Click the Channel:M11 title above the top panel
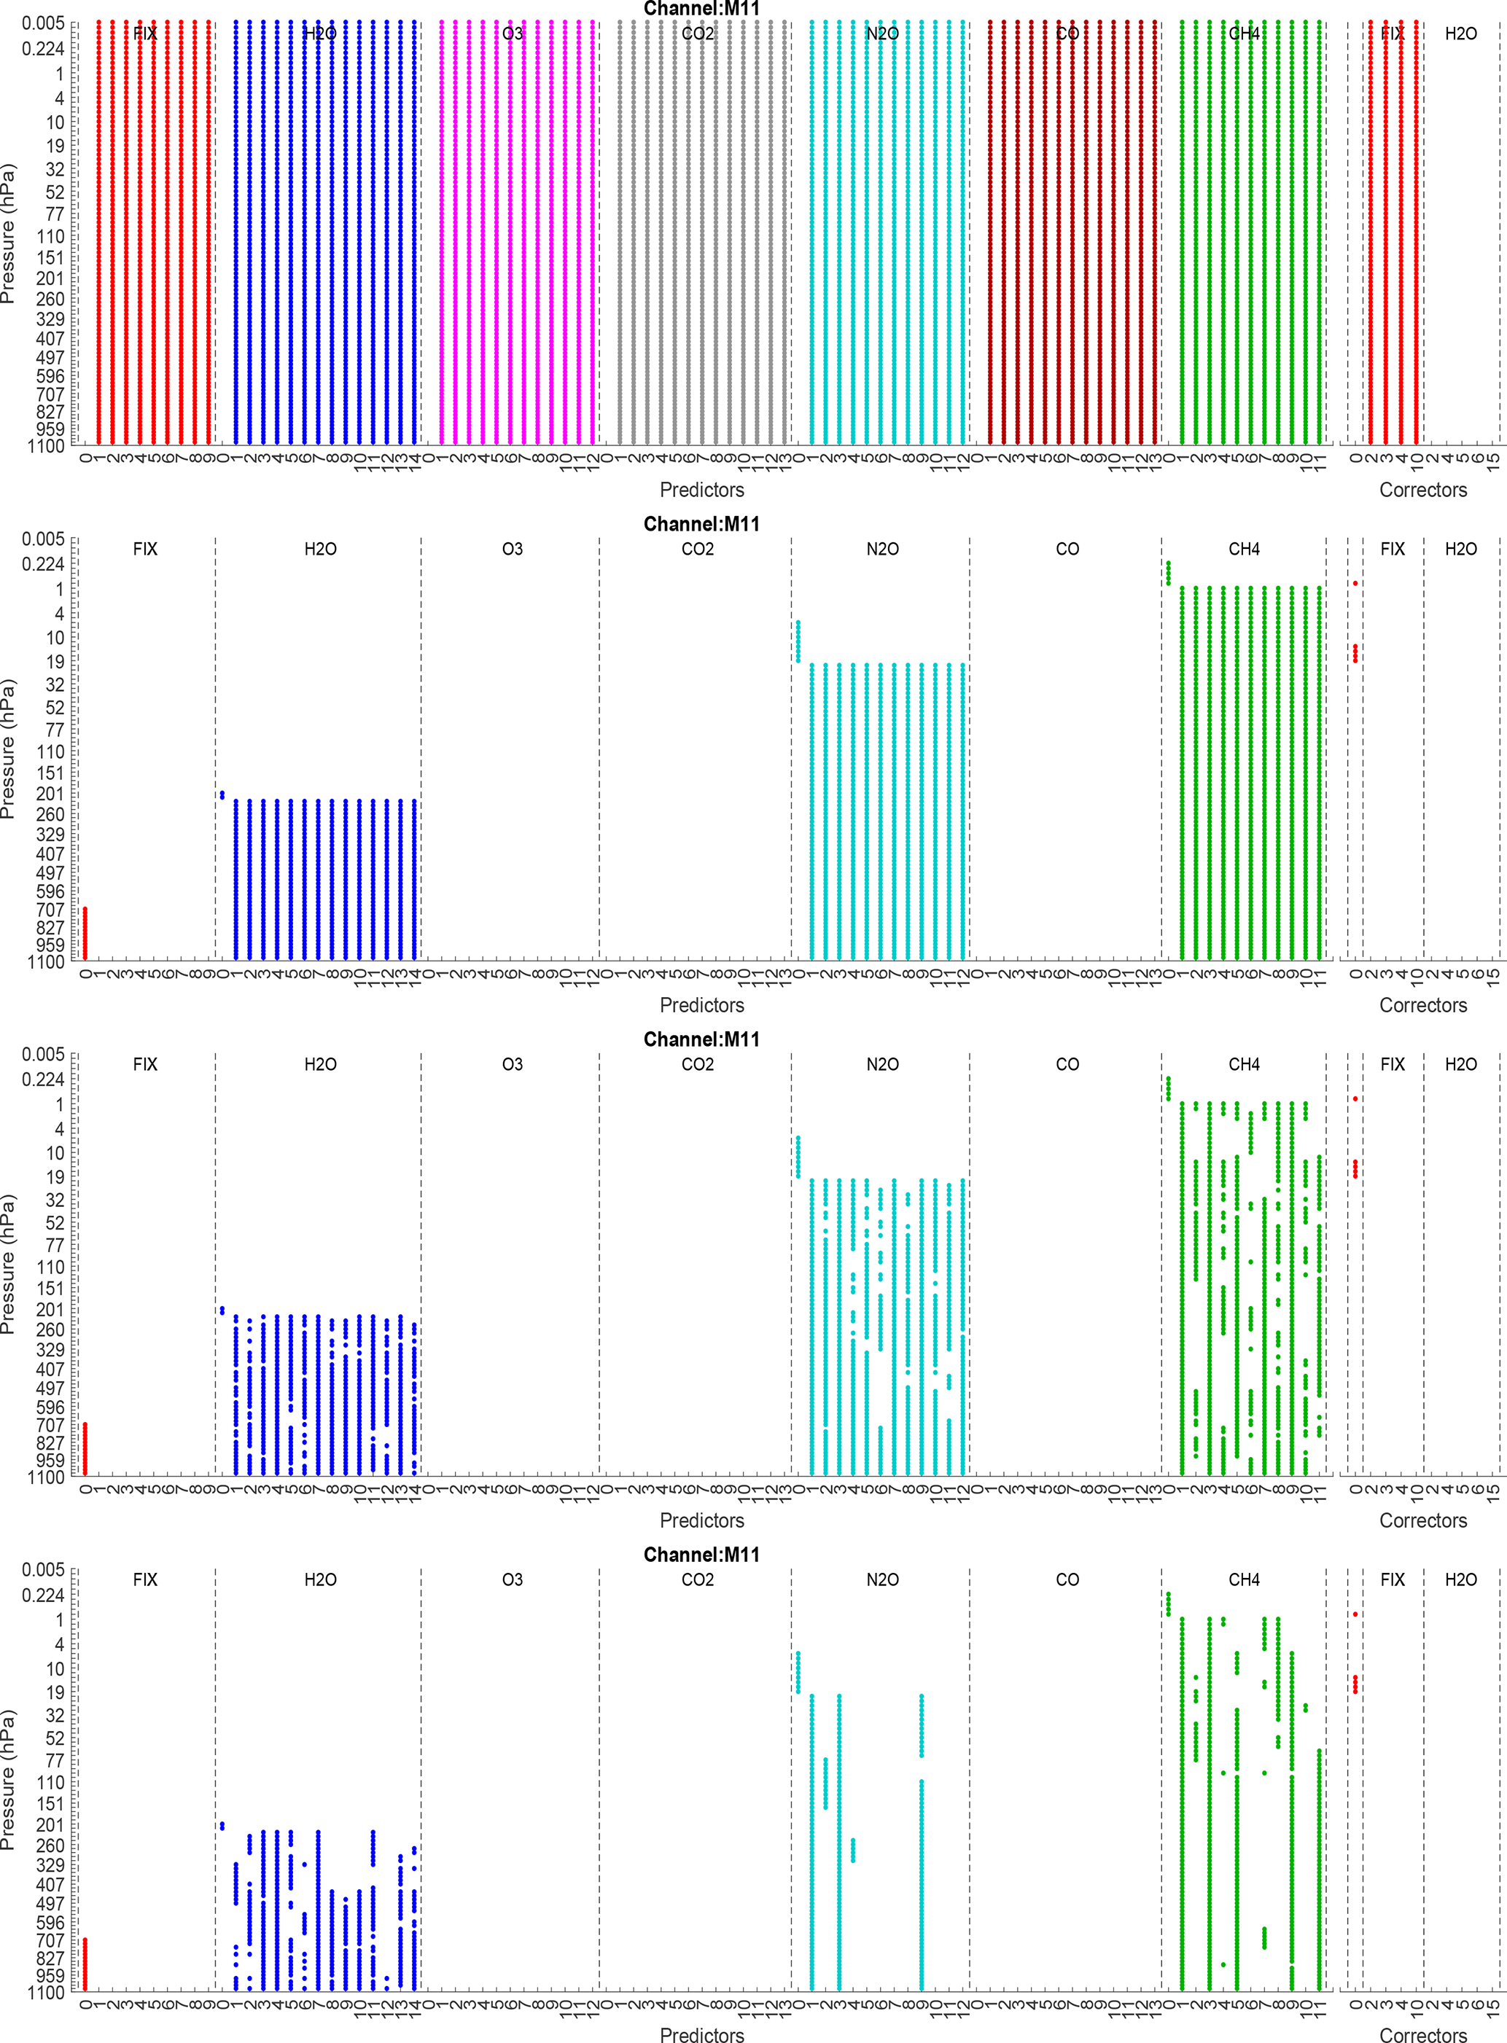coord(701,9)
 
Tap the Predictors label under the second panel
coord(701,1005)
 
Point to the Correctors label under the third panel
coord(1422,1520)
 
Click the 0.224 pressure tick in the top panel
coord(43,48)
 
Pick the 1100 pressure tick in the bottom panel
coord(46,1993)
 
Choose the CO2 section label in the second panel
coord(698,549)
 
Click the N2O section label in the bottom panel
coord(882,1579)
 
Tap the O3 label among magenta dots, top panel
coord(513,34)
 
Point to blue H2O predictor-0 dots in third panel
coord(222,1310)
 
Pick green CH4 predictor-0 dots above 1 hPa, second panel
coord(1169,573)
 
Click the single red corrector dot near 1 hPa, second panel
coord(1355,583)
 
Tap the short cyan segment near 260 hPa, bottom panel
coord(853,1850)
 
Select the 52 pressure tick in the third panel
coord(55,1223)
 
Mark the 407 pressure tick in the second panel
coord(50,855)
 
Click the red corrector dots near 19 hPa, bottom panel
coord(1355,1684)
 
